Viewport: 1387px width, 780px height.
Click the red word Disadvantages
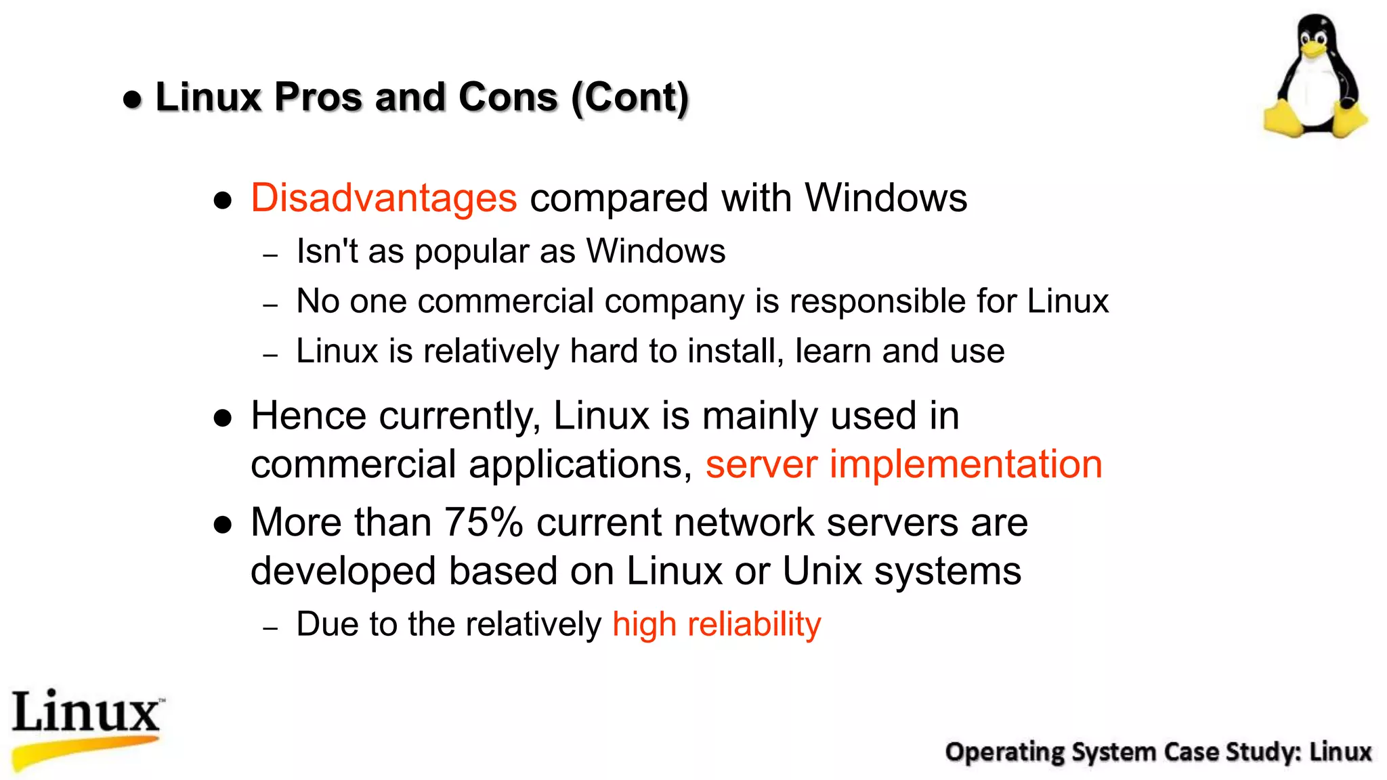[383, 198]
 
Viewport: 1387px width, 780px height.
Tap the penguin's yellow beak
[1314, 48]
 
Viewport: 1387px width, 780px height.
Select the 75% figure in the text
[484, 523]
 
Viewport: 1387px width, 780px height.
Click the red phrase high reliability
[717, 624]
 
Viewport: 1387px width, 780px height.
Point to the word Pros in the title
[318, 97]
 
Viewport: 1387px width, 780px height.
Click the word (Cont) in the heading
[630, 97]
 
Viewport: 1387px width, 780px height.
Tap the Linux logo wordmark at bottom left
[87, 712]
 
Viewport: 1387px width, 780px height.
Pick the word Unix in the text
[822, 571]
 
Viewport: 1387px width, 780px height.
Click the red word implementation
[966, 465]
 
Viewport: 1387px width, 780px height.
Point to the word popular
[471, 253]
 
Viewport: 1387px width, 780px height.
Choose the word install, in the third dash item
[735, 351]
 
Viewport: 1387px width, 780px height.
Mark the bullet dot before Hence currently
[223, 418]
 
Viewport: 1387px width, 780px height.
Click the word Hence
[309, 416]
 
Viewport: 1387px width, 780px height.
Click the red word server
[761, 465]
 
